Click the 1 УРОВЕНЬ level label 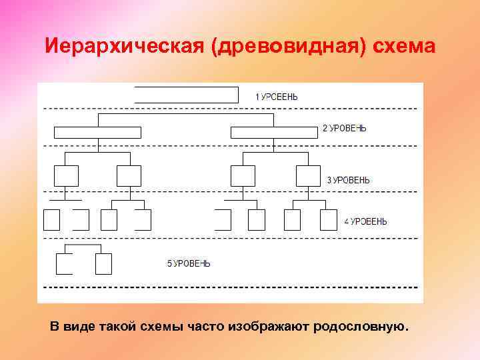[x=277, y=97]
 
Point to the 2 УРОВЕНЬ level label [x=344, y=128]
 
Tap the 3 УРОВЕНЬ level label [x=348, y=180]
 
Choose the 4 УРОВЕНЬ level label [x=365, y=221]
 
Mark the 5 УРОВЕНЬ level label [x=189, y=264]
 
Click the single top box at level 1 [x=186, y=95]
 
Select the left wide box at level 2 [x=97, y=132]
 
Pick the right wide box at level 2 [x=273, y=132]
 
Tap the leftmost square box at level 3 [x=66, y=176]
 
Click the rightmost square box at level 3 [x=308, y=176]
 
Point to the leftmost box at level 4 [x=51, y=220]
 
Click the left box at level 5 [x=65, y=264]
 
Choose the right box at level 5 [x=103, y=264]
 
